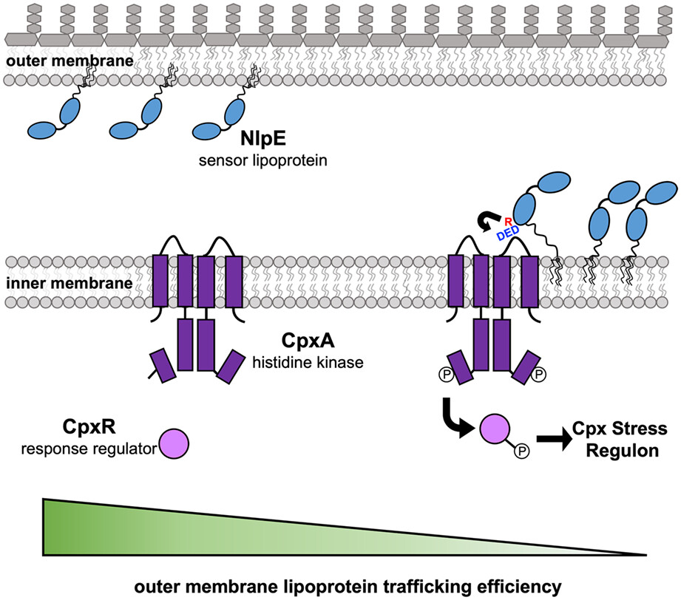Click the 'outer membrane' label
[67, 61]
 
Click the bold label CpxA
[303, 341]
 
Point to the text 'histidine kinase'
[303, 362]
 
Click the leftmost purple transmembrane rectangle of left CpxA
[160, 281]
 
